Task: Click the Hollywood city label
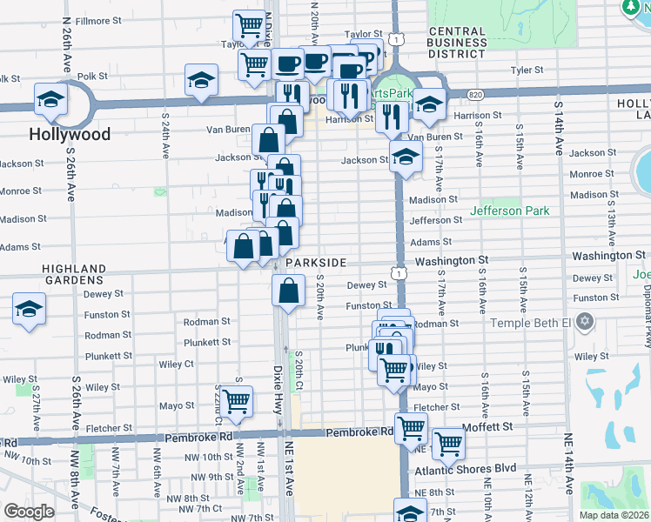(x=70, y=135)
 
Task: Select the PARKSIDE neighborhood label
(x=315, y=262)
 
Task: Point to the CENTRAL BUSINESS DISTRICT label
(x=457, y=43)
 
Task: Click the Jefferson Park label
(x=509, y=211)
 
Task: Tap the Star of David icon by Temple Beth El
(x=585, y=324)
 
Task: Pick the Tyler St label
(x=527, y=70)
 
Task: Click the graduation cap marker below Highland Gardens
(x=29, y=310)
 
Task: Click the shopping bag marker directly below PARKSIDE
(x=288, y=291)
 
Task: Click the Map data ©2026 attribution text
(x=612, y=514)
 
